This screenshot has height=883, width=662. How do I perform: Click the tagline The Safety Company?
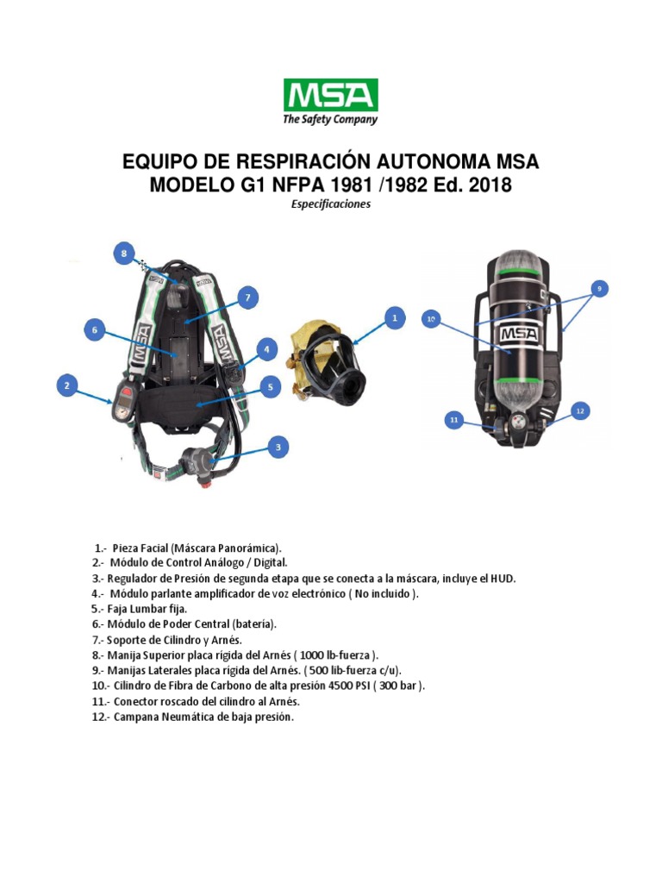tap(330, 120)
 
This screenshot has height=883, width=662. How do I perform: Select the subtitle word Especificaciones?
tap(330, 204)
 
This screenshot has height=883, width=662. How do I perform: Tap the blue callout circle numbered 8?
tap(124, 254)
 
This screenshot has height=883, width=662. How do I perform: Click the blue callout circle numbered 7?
tap(247, 298)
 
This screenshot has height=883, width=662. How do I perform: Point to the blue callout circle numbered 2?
tap(67, 386)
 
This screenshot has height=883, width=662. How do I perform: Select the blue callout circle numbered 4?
tap(266, 349)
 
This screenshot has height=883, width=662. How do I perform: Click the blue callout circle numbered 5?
tap(270, 388)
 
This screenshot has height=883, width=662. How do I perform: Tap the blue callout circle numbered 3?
tap(277, 447)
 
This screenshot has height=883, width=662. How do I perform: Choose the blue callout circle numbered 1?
tap(394, 318)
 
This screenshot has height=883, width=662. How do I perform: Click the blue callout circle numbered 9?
tap(598, 287)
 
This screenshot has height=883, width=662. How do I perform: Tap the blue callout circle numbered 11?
tap(454, 420)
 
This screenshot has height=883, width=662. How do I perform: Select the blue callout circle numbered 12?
tap(579, 411)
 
